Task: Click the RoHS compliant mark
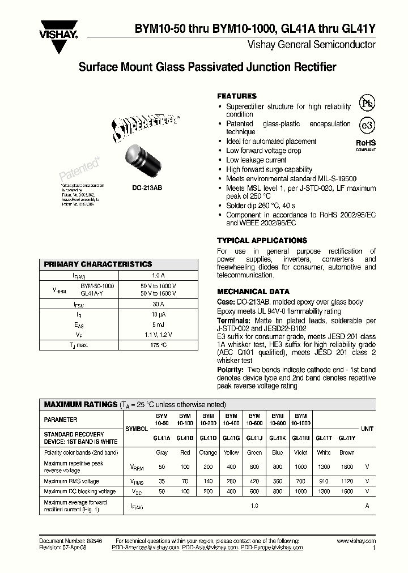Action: [x=365, y=146]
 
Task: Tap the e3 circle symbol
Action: [x=367, y=125]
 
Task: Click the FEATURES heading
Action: [x=237, y=96]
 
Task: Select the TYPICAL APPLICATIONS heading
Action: [x=262, y=240]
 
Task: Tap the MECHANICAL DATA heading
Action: [x=253, y=291]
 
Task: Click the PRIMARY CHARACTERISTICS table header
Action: [x=98, y=264]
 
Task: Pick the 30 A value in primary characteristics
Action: [x=158, y=304]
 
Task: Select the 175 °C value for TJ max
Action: [x=158, y=345]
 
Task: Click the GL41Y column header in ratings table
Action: [x=347, y=438]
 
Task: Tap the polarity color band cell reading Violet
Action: [x=301, y=452]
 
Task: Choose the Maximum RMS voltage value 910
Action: [x=324, y=481]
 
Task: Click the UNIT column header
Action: [x=367, y=429]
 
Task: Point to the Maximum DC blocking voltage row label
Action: [x=80, y=491]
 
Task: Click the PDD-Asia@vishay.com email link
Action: [x=210, y=548]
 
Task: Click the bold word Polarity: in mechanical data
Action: [x=231, y=369]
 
